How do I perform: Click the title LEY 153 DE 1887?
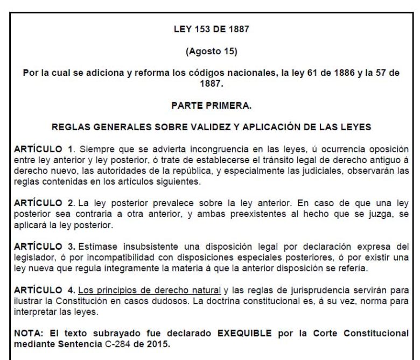point(211,29)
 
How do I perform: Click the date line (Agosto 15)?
point(211,53)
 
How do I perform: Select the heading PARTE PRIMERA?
point(211,106)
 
